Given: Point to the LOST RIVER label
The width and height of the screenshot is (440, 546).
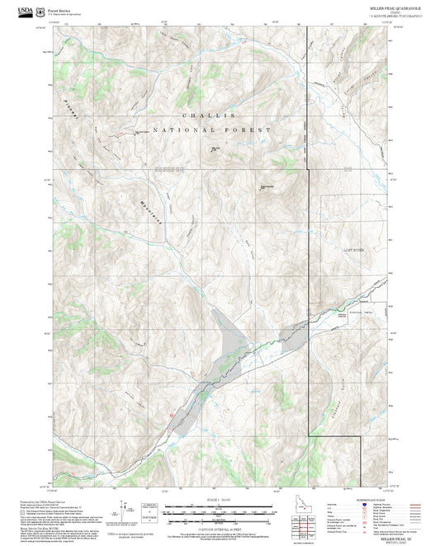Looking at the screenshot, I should pos(353,248).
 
